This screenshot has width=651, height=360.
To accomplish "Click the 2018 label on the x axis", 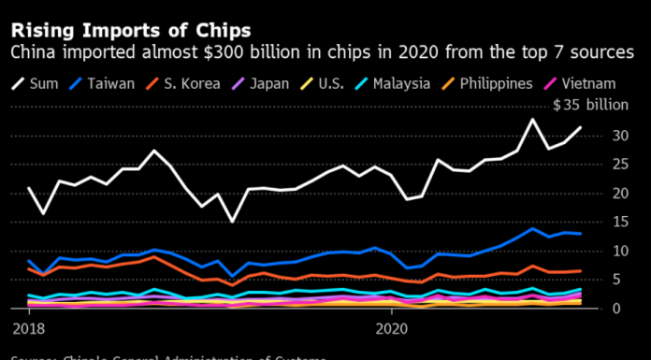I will coord(30,329).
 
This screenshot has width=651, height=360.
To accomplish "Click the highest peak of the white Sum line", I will coord(533,119).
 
